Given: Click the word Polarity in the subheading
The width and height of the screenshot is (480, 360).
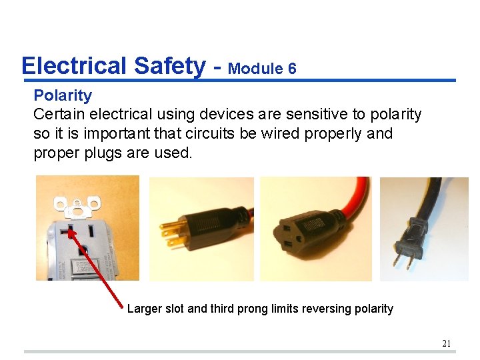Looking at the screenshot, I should coord(63,95).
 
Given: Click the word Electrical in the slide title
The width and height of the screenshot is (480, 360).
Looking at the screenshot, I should coord(73,66).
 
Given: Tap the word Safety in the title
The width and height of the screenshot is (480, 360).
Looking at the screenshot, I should coord(170,66).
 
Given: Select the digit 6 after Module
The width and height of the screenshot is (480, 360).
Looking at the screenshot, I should coord(292,69).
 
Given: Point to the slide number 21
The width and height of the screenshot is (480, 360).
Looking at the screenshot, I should coord(447,343).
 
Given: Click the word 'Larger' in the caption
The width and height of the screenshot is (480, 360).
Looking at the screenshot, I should coord(145,309).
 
